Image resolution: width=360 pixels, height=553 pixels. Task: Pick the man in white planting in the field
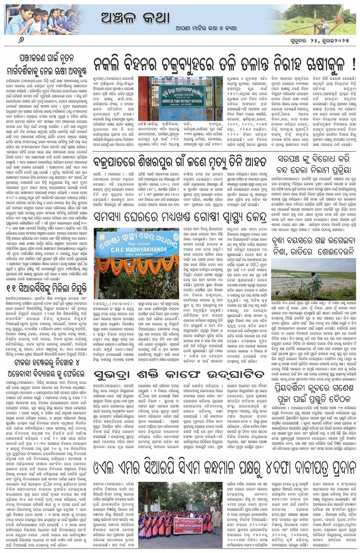pyautogui.click(x=315, y=282)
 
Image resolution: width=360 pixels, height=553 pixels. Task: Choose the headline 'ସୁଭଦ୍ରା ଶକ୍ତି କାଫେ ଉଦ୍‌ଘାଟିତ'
pyautogui.click(x=179, y=371)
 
